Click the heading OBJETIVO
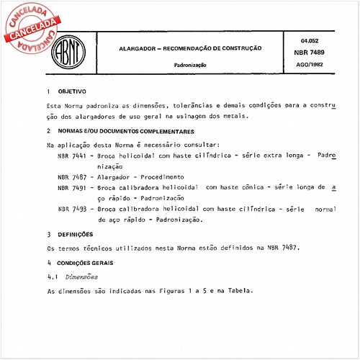[x=71, y=92]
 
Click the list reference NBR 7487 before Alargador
[x=71, y=176]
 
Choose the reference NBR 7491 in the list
[x=71, y=187]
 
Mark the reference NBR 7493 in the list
[x=71, y=209]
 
